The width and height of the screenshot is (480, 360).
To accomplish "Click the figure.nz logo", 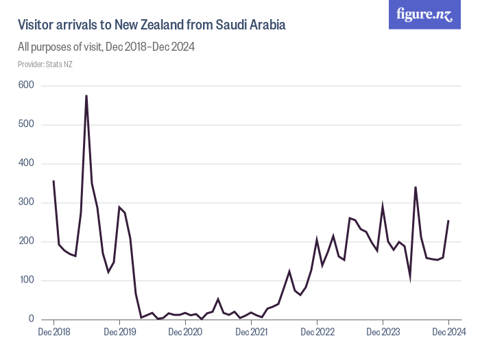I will (424, 14).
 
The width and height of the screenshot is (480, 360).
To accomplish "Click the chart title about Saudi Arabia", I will (151, 25).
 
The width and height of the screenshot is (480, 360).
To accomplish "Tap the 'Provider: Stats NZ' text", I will (45, 64).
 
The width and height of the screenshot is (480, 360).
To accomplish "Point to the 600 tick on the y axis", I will (27, 85).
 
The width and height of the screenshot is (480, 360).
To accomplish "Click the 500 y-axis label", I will (27, 124).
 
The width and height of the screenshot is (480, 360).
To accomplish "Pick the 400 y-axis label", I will (27, 163).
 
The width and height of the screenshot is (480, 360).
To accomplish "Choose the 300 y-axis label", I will (27, 202).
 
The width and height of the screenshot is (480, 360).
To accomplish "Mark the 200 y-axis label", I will (27, 241).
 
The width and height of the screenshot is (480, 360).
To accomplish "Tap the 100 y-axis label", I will (27, 280).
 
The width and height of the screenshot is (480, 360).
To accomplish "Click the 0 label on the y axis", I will (31, 319).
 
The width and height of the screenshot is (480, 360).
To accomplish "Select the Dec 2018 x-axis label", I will (53, 332).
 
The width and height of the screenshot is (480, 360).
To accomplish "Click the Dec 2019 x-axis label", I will (119, 332).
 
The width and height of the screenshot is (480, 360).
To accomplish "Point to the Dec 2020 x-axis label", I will (185, 332).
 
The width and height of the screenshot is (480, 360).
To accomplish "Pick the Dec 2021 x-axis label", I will (251, 332).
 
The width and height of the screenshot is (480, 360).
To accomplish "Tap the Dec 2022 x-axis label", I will (317, 332).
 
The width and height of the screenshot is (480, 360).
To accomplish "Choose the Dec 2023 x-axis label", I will (383, 332).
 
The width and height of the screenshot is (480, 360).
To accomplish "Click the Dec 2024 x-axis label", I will (448, 332).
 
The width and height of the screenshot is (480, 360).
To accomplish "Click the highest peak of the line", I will (86, 95).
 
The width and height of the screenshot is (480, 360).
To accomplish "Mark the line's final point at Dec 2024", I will (448, 220).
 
